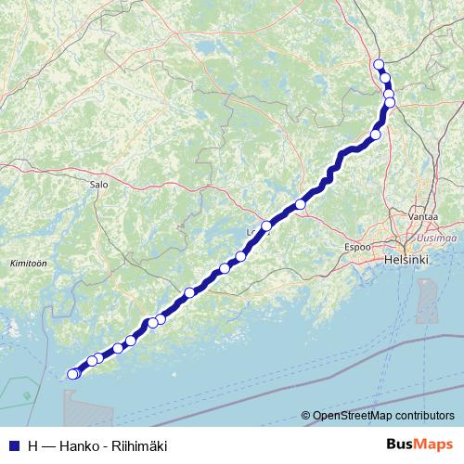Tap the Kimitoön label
[27, 264]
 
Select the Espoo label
[357, 248]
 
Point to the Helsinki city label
[406, 262]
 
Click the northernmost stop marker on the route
[378, 64]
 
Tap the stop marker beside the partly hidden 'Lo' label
[266, 226]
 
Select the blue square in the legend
[13, 445]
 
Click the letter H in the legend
[32, 445]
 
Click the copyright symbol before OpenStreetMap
[306, 416]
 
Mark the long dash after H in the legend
[48, 445]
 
